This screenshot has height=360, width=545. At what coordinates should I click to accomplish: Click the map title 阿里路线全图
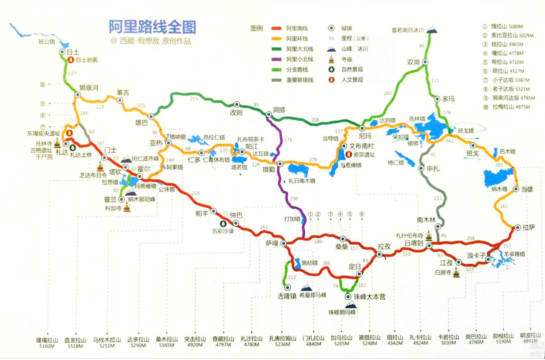click(152, 27)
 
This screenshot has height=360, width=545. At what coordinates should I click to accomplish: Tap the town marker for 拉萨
click(517, 227)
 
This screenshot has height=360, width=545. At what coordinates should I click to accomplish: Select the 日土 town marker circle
click(62, 52)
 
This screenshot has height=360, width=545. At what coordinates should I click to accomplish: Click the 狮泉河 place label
click(89, 88)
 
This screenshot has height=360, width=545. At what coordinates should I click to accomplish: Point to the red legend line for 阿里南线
click(277, 28)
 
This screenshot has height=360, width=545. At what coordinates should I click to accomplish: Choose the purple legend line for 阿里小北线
click(277, 59)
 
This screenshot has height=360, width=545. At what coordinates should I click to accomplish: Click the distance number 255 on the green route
click(194, 99)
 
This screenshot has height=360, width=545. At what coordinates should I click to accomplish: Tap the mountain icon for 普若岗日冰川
click(432, 29)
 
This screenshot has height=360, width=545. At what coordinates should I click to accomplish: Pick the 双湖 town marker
click(425, 62)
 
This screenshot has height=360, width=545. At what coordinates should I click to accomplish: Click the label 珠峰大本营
click(369, 296)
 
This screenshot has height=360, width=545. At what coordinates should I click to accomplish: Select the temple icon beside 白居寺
click(456, 273)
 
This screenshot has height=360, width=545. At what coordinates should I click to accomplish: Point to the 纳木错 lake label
click(499, 189)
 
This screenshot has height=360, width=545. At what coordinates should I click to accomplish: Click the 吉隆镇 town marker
click(287, 287)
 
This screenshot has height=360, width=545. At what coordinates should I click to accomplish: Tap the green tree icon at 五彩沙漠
click(222, 224)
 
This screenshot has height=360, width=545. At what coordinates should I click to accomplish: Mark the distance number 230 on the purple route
click(294, 199)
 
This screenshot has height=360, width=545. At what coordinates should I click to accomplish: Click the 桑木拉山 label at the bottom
click(167, 339)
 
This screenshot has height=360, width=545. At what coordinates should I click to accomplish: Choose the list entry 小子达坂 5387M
click(511, 80)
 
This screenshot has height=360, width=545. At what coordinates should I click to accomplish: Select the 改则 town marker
click(237, 105)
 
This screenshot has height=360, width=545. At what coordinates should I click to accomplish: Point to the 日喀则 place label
click(414, 243)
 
